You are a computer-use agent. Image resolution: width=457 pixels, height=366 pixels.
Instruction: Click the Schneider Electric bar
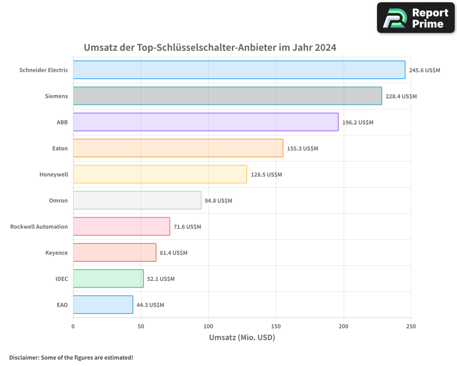239,70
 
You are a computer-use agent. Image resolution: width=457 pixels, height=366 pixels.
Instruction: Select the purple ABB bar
206,122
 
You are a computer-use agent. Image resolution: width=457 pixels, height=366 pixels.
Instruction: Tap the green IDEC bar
108,279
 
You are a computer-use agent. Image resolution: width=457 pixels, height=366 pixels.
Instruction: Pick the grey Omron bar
137,200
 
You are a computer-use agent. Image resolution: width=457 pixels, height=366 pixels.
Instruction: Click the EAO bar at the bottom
103,305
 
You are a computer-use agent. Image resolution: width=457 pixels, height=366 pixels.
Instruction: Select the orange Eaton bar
178,148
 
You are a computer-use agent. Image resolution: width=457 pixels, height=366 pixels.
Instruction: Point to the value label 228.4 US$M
401,97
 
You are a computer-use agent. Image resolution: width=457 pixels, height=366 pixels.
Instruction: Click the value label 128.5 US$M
266,175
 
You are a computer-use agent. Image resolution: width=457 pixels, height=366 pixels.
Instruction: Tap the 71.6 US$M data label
187,227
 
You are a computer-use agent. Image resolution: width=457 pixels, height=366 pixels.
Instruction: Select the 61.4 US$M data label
174,253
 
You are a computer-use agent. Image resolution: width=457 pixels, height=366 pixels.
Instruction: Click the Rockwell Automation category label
39,227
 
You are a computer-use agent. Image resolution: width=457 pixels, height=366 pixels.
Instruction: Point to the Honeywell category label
53,175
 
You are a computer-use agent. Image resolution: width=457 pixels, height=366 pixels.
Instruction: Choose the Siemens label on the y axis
56,97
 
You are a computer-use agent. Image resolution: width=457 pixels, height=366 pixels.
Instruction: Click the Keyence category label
56,253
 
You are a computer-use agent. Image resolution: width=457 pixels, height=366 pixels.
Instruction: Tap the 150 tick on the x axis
276,327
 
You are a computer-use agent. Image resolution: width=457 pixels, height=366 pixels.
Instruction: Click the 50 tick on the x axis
141,327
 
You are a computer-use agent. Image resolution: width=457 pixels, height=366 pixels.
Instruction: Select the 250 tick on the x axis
411,327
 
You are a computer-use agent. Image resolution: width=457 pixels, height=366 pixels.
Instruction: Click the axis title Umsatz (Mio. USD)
242,338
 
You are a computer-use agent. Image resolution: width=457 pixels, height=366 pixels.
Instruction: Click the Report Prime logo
415,18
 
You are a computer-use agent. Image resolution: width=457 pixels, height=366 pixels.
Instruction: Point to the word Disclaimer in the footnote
23,358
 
